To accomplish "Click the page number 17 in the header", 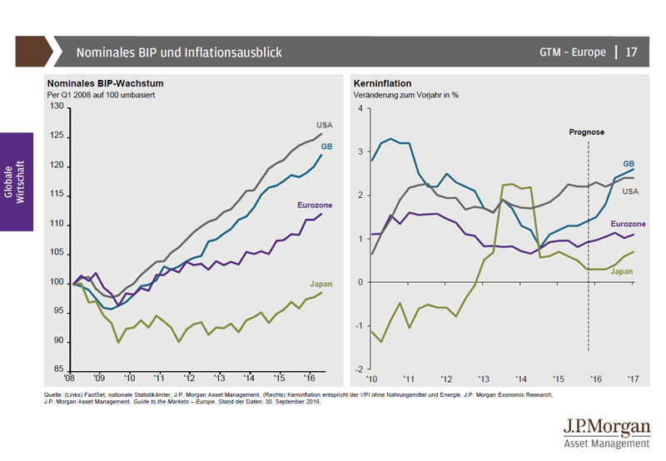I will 631,52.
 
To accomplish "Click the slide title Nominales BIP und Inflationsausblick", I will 179,52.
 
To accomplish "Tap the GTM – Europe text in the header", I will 572,52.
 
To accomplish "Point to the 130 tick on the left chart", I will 57,107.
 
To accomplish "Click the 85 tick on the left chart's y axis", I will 59,369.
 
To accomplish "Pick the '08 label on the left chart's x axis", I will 75,377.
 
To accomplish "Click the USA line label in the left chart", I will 323,125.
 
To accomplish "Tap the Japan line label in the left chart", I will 321,284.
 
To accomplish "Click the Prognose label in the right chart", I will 587,131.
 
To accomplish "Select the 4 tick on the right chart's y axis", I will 360,108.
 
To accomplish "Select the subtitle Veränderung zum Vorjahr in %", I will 407,95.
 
